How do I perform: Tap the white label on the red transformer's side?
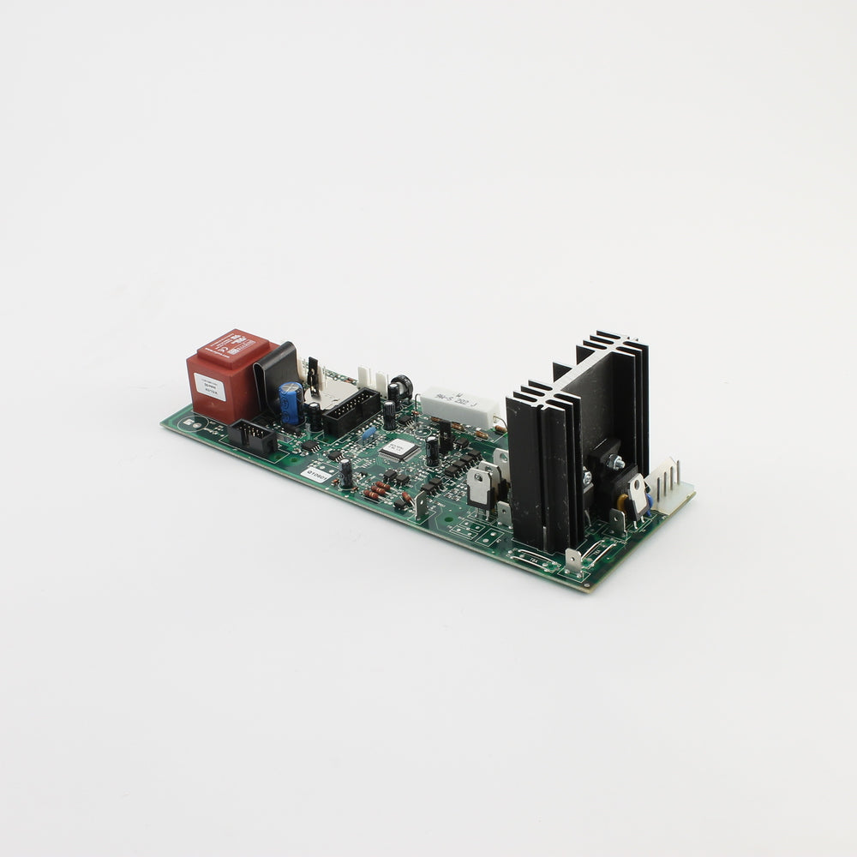(x=209, y=389)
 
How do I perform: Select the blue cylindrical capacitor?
(x=291, y=402)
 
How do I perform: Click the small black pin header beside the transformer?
(x=251, y=435)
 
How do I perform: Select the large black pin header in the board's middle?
(x=351, y=411)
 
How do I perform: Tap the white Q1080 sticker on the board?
(x=318, y=473)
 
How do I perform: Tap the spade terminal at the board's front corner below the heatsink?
(x=572, y=560)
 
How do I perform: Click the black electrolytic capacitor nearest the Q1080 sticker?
(x=345, y=473)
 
